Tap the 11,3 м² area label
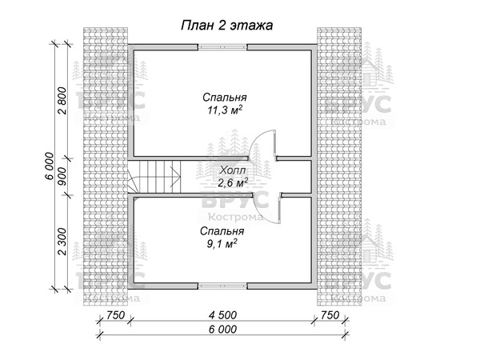[x=223, y=114]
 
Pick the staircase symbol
[x=154, y=177]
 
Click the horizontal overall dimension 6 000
[x=222, y=329]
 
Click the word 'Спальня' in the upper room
[x=223, y=100]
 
